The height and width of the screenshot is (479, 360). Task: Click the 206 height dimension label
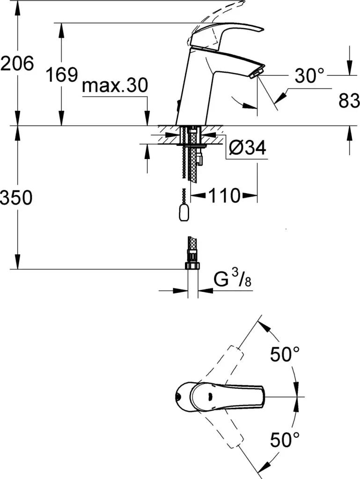17,64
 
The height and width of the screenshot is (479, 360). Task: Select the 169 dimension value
62,74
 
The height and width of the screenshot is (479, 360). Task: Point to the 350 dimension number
16,197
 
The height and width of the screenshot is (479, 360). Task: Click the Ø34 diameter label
248,147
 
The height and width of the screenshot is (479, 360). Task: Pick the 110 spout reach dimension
224,195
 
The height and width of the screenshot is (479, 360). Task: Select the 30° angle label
309,75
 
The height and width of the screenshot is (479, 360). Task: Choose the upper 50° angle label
285,354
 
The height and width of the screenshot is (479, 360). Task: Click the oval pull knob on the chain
184,213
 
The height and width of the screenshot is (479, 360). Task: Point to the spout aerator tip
256,74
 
